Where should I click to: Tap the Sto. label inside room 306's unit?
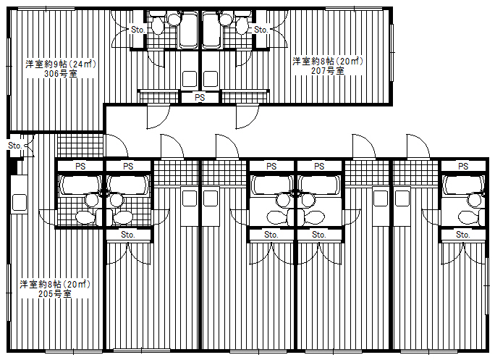[x=138, y=30]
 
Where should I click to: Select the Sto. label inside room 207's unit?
[x=261, y=30]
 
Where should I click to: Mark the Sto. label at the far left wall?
[x=14, y=146]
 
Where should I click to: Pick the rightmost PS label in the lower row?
[x=463, y=166]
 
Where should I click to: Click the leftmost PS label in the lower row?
[x=80, y=166]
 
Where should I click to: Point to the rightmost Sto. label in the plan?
[x=463, y=235]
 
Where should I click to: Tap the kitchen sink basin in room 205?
[x=18, y=203]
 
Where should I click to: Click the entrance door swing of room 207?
[x=246, y=116]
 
